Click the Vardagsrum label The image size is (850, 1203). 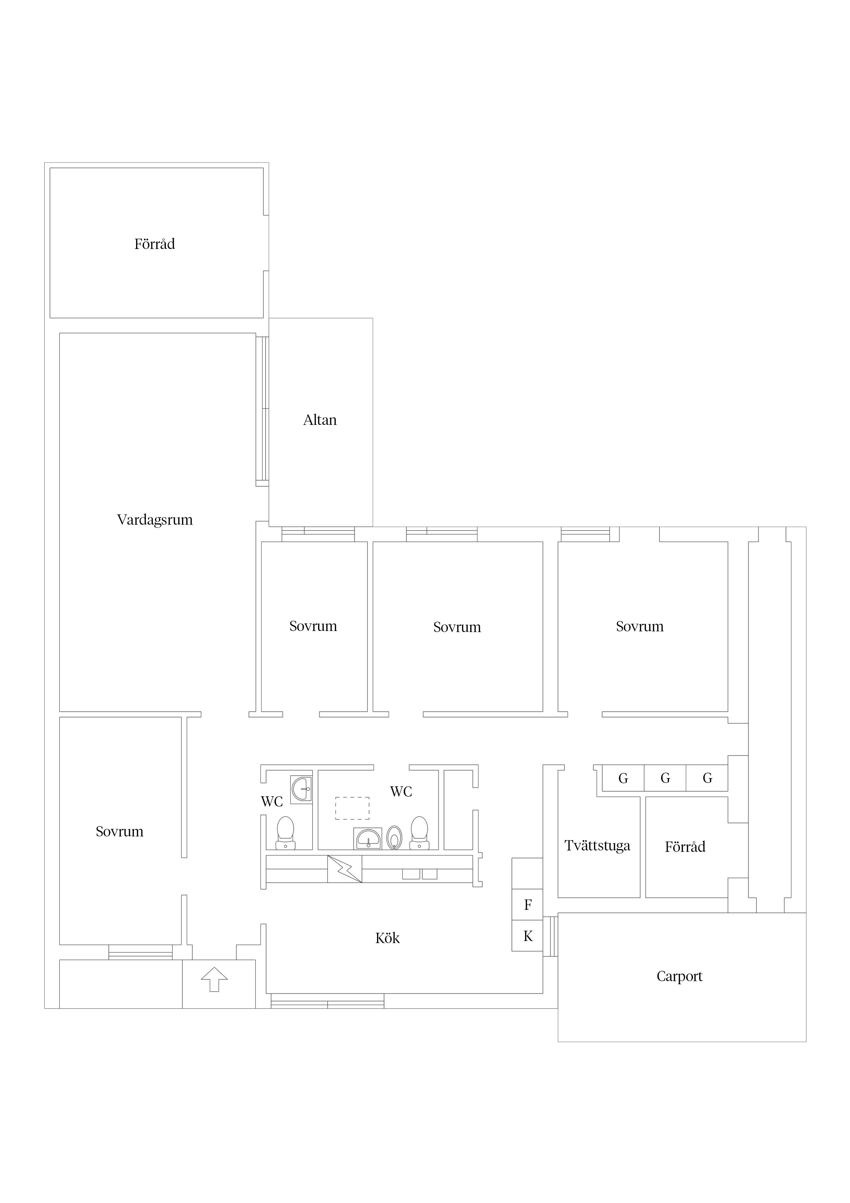point(155,520)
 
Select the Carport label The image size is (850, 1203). point(679,977)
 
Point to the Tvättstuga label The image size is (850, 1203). point(597,846)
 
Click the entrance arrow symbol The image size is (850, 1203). point(214,979)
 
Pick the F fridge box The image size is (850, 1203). point(527,905)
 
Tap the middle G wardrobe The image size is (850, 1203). point(665,778)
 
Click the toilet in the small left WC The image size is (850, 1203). point(286,833)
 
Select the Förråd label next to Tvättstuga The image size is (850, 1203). point(685,847)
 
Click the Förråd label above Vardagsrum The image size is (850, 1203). point(155,244)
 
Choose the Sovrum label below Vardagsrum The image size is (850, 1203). point(119,832)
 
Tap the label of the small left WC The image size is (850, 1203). point(272,802)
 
